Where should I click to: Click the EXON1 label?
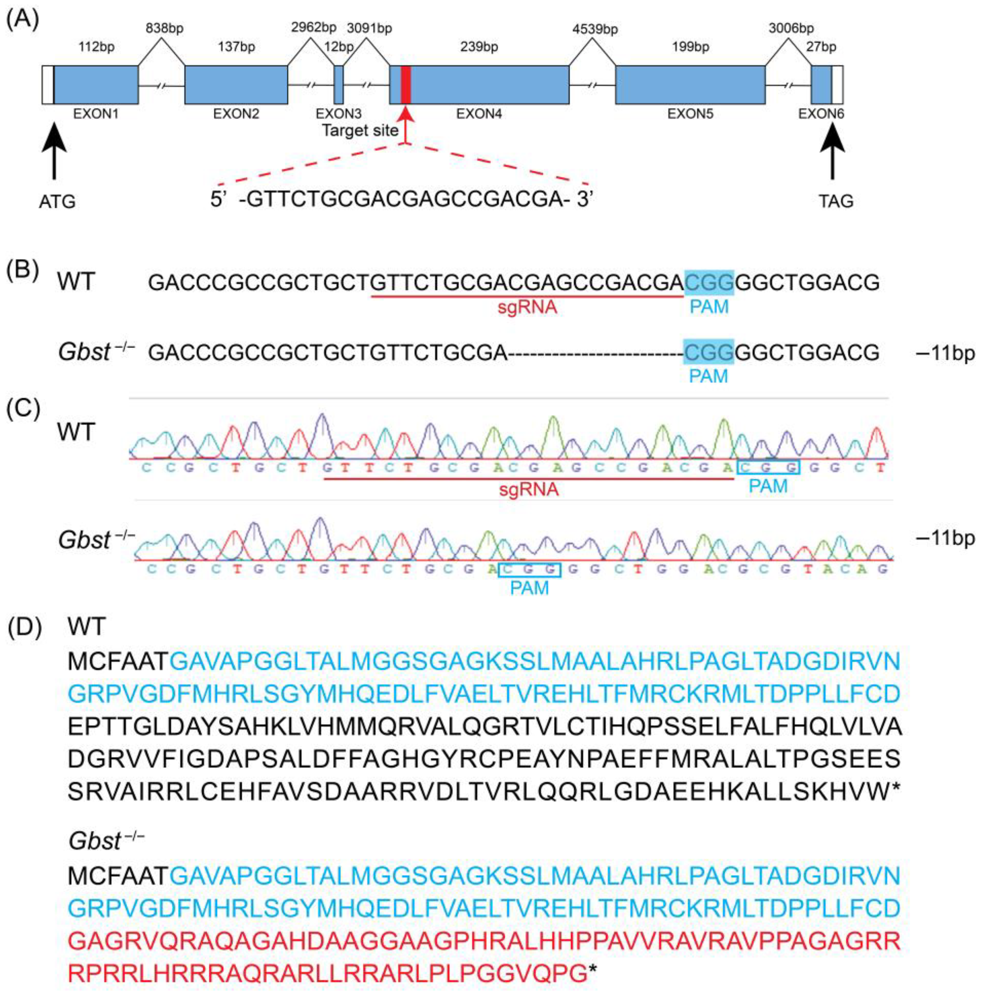click(96, 114)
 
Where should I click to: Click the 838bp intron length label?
click(165, 28)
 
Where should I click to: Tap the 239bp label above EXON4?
click(479, 47)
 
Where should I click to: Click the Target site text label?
click(360, 131)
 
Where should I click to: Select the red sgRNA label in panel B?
click(527, 307)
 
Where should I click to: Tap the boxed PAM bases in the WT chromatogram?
click(768, 467)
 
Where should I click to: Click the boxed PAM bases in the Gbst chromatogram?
click(529, 569)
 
